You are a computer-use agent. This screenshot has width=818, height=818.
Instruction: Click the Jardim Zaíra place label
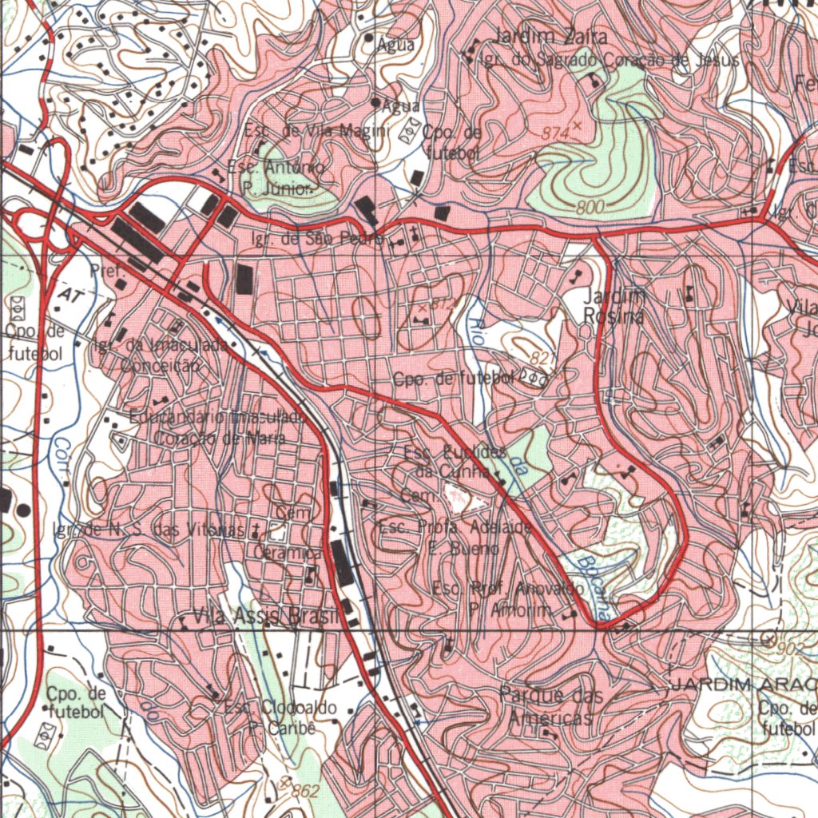point(550,36)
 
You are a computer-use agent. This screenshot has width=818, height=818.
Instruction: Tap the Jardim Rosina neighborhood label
point(613,306)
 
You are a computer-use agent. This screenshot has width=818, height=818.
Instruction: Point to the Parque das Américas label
point(550,706)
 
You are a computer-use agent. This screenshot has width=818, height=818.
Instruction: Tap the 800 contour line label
point(590,207)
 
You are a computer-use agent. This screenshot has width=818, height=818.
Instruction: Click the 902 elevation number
point(790,649)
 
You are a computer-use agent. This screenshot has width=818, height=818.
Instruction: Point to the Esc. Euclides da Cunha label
point(455,463)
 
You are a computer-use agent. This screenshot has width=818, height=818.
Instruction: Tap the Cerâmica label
point(287,552)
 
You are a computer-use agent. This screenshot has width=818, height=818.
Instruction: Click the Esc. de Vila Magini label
point(316,131)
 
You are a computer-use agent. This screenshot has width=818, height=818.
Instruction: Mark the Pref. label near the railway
point(108,272)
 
